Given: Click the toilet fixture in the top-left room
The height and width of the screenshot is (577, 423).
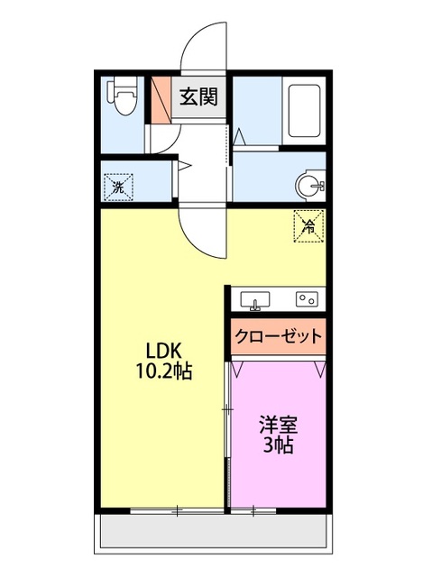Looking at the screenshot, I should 124,98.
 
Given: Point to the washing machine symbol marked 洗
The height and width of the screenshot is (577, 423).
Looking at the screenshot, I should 118,188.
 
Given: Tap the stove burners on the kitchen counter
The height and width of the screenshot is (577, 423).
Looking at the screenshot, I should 307,298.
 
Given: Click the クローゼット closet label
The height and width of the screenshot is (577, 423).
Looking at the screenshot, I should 278,337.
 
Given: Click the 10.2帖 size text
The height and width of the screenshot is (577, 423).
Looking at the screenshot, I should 163,371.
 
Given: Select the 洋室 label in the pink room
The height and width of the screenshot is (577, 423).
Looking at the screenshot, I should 278,423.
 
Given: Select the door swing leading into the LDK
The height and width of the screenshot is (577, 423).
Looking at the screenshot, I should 200,231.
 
